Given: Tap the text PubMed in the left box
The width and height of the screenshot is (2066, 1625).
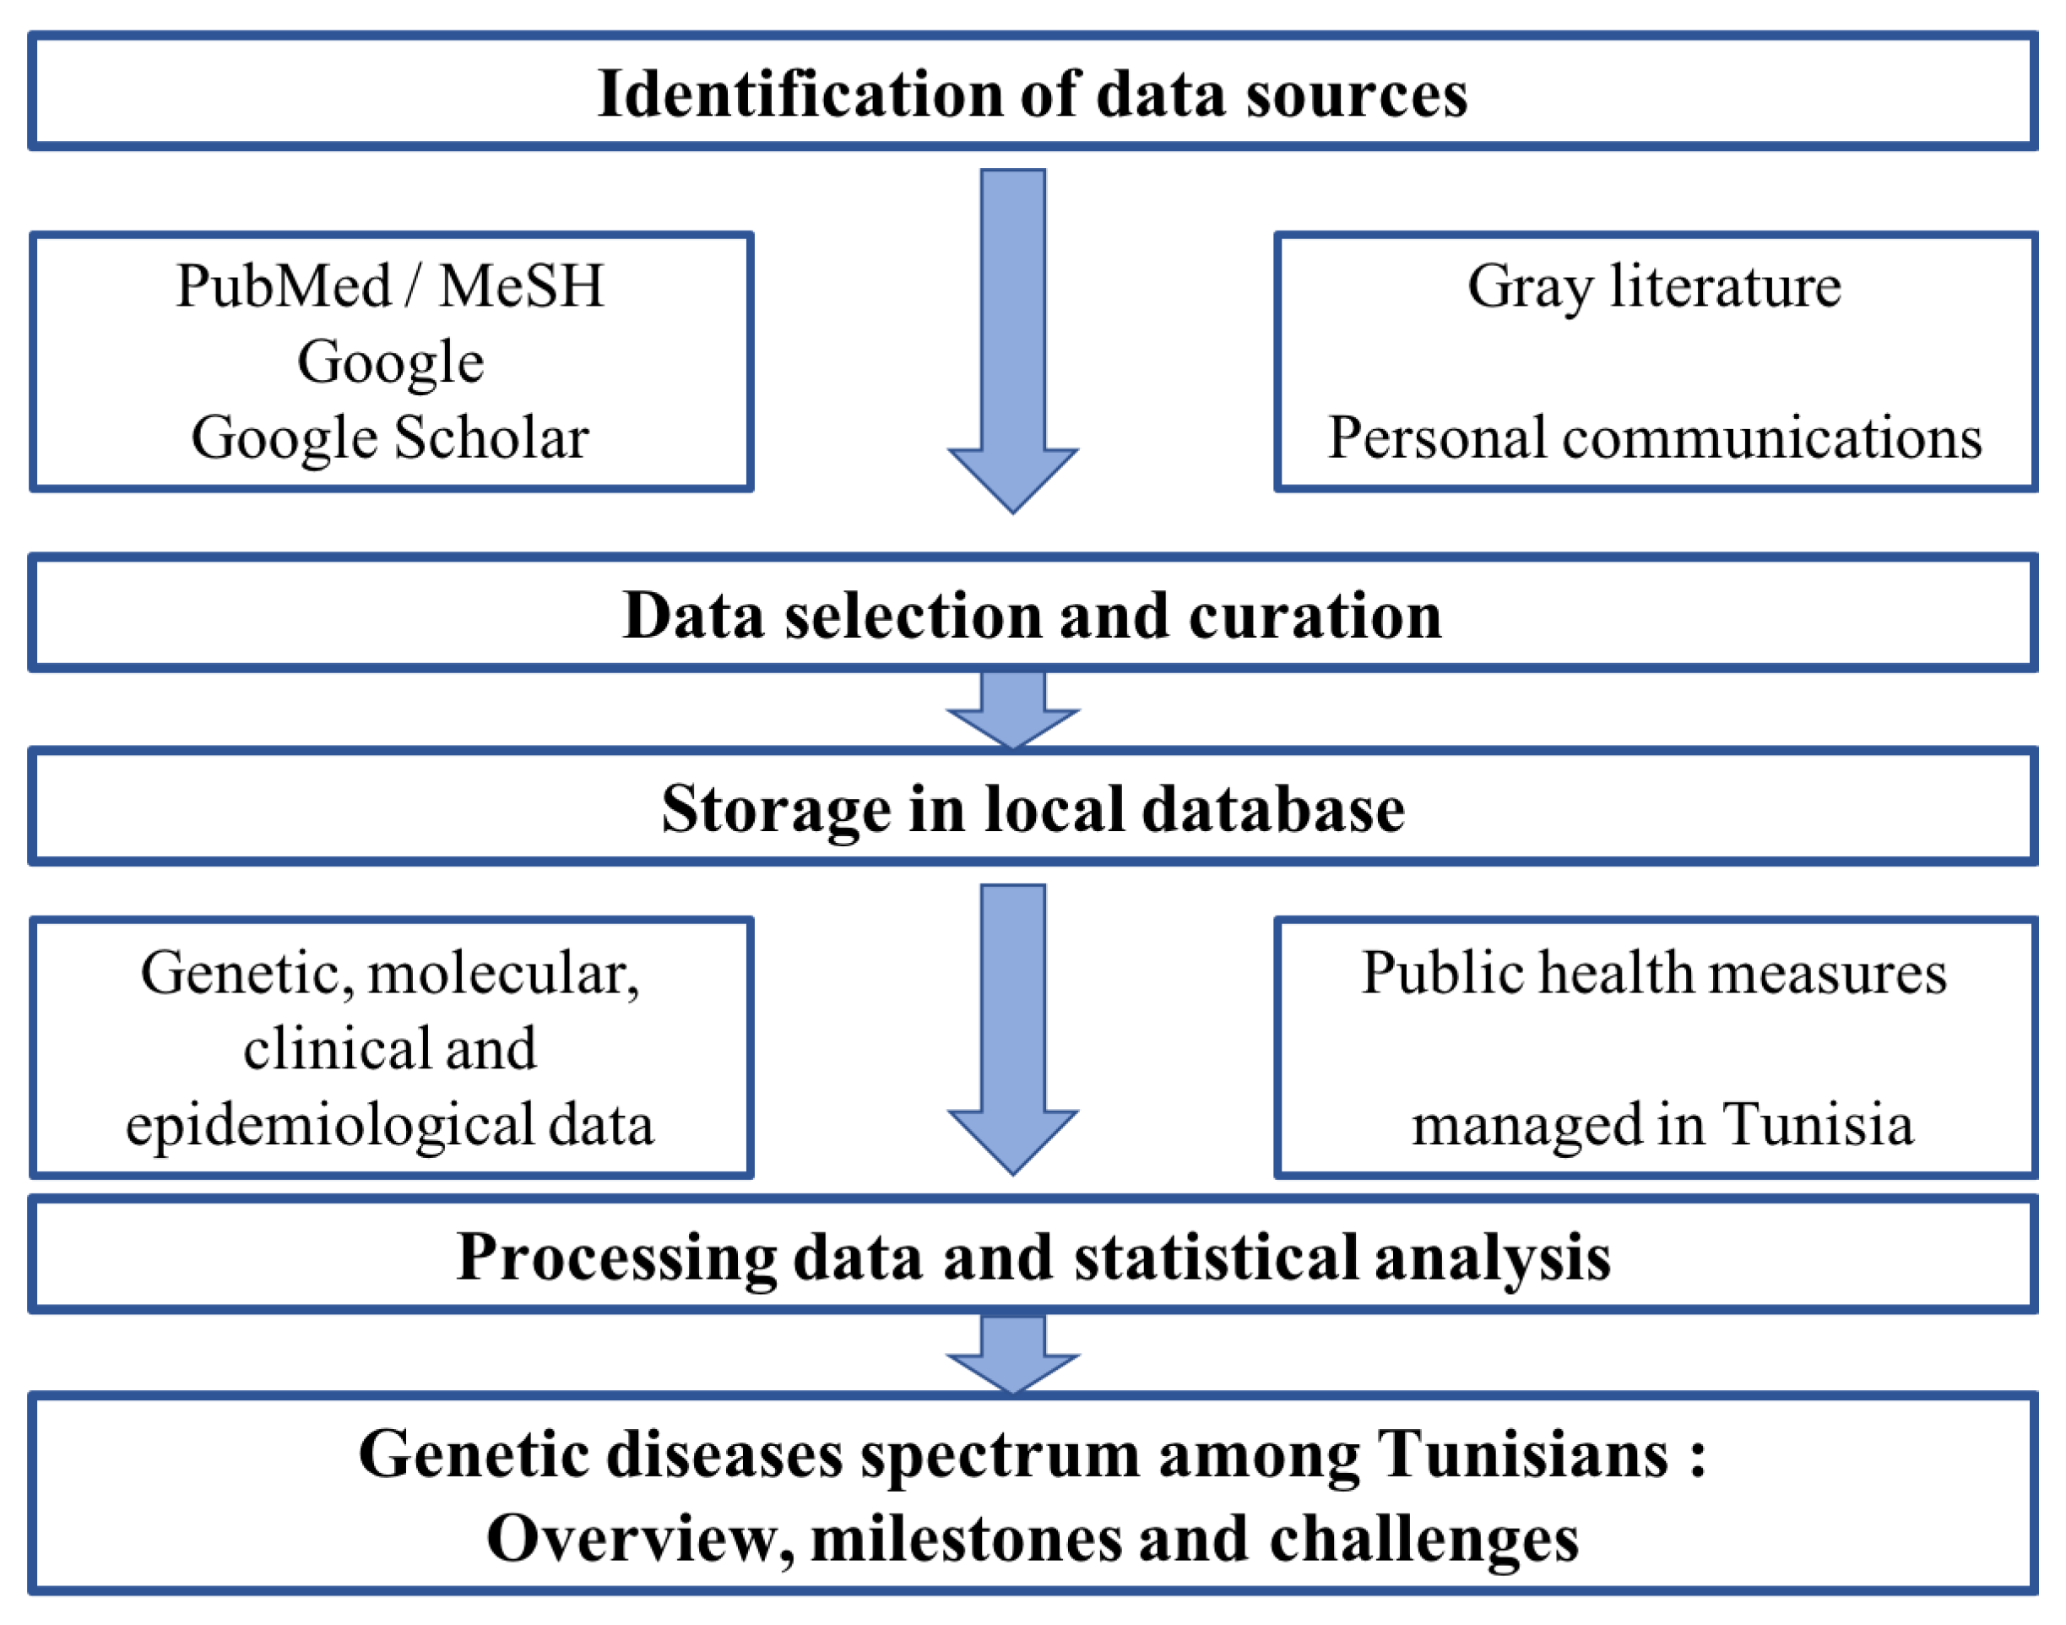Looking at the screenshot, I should tap(284, 285).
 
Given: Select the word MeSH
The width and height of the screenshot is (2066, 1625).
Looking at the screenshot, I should tap(521, 285).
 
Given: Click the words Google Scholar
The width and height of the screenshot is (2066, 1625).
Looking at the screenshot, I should tap(390, 437).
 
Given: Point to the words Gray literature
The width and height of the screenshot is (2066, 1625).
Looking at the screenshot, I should tap(1653, 285).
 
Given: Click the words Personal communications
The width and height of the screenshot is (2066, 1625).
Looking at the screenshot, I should tap(1653, 437).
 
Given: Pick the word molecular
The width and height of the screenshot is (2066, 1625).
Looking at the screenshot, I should tap(502, 973).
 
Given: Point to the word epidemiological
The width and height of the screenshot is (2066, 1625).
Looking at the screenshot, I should tap(329, 1126).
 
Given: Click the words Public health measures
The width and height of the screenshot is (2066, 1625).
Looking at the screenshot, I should tap(1653, 973).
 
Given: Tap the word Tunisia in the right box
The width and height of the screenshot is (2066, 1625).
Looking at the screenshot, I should tap(1817, 1126).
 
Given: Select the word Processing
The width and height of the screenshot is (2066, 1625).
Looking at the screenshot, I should tap(616, 1257).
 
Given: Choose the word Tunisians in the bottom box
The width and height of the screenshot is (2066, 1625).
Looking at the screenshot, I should tap(1522, 1454).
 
